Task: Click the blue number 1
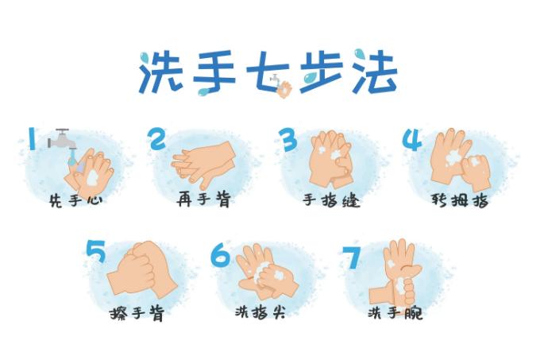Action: (32, 138)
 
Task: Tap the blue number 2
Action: (156, 138)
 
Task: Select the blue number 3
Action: (287, 139)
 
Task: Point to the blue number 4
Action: (412, 140)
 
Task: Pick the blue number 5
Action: (96, 251)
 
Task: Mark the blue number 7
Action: (352, 257)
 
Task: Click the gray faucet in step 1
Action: (62, 139)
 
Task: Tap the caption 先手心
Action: (76, 200)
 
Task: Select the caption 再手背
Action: (204, 199)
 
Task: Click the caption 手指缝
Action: (332, 200)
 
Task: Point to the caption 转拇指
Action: (460, 199)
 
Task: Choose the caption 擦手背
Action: (137, 313)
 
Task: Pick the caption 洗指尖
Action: (260, 312)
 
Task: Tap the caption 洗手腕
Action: (395, 313)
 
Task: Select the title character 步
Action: (322, 72)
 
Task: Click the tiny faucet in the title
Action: (275, 79)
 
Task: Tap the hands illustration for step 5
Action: (142, 269)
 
